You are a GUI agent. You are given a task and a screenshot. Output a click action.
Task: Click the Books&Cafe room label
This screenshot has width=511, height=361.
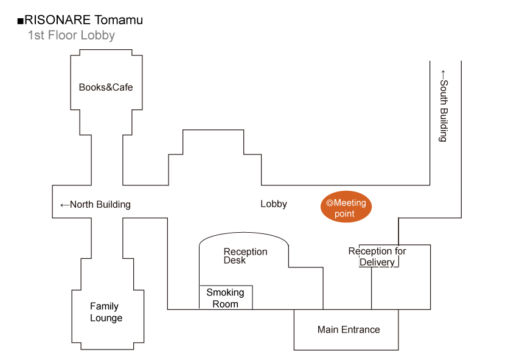click(x=106, y=87)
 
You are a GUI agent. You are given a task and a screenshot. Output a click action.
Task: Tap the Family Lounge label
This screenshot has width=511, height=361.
click(x=106, y=312)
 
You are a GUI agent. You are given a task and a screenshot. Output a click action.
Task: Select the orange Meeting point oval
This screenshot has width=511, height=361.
click(x=346, y=208)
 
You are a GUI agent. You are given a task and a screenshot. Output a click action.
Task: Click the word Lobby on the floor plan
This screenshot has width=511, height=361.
click(x=274, y=204)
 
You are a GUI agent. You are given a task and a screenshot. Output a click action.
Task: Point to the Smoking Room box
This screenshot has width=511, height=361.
click(x=226, y=298)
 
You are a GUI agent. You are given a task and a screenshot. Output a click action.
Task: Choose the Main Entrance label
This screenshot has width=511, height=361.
click(x=349, y=329)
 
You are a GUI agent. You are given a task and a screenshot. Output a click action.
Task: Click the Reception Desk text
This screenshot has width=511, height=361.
click(x=245, y=256)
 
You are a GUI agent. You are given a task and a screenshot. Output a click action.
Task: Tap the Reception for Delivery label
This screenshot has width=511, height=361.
click(x=377, y=256)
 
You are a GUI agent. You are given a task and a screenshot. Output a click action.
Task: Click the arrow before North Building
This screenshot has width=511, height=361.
click(x=64, y=205)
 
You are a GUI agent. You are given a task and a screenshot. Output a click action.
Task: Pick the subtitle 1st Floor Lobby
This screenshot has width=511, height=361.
click(x=71, y=35)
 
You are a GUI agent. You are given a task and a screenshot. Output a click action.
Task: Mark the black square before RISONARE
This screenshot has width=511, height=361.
click(x=20, y=21)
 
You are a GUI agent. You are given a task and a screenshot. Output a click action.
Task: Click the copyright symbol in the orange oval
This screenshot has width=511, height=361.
click(x=330, y=203)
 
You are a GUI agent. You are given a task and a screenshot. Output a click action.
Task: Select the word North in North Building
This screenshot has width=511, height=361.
click(x=82, y=205)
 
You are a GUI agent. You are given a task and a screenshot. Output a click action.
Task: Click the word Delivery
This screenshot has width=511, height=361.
click(x=377, y=263)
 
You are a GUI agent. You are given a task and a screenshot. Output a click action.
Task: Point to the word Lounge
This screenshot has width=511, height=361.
click(x=106, y=318)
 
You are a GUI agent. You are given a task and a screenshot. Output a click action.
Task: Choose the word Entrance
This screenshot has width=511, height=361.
click(x=360, y=329)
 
